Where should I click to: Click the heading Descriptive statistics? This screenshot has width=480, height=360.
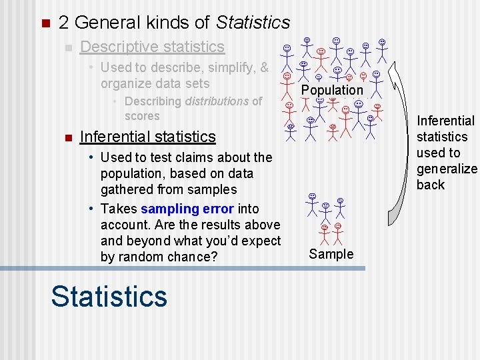pos(152,47)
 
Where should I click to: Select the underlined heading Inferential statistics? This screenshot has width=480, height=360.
pos(147,137)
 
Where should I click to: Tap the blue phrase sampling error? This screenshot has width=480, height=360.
pos(187,209)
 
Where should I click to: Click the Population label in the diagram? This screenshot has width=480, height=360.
pos(332,90)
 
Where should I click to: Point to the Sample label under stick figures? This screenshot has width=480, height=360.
pos(331,254)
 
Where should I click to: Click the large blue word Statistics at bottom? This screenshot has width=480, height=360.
pos(109,296)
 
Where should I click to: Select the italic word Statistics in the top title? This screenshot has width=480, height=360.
pos(253,23)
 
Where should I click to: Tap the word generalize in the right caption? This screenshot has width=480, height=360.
pos(447,169)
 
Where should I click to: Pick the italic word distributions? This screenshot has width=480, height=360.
pos(217,101)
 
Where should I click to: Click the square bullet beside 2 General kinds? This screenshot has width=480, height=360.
pos(45,24)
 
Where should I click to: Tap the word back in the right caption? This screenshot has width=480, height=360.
pos(430,185)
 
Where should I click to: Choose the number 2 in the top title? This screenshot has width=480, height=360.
pos(63,23)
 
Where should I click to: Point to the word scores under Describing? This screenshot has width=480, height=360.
pos(142,116)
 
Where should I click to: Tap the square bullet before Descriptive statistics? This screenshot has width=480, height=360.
pos(67,48)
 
